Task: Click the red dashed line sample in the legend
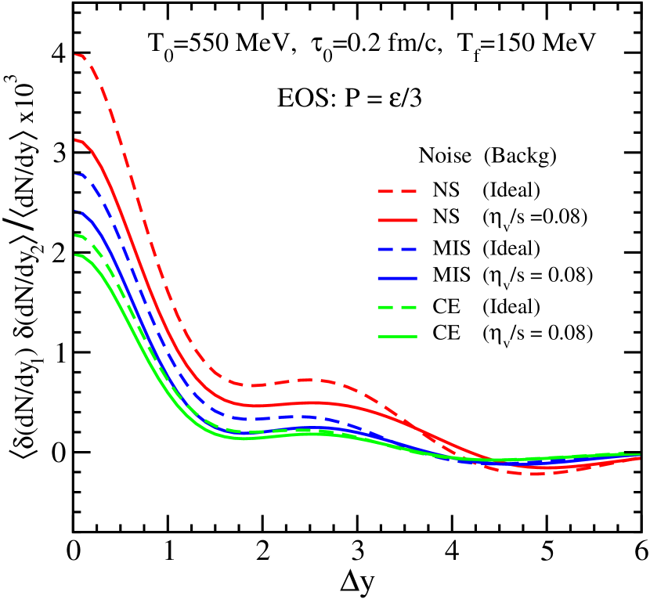tap(397, 190)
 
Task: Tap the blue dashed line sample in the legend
tap(397, 249)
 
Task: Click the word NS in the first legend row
tap(446, 190)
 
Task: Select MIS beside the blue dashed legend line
tap(451, 249)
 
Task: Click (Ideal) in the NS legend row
tap(511, 190)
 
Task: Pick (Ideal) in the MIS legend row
tap(511, 249)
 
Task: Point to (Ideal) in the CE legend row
tap(511, 307)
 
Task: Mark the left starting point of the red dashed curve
tap(76, 55)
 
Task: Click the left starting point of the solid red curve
tap(76, 139)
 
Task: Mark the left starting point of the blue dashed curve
tap(76, 175)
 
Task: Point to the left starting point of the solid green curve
tap(76, 255)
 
